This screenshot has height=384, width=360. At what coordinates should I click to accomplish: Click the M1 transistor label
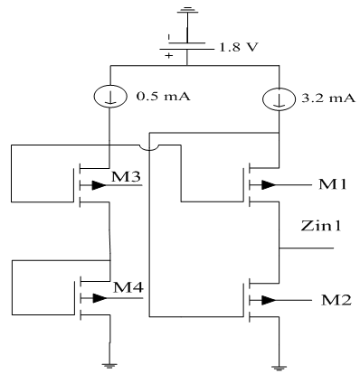point(328,185)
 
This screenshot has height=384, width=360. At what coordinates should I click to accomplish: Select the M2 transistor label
point(328,299)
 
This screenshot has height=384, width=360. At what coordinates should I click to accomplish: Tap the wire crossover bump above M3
point(150,145)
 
